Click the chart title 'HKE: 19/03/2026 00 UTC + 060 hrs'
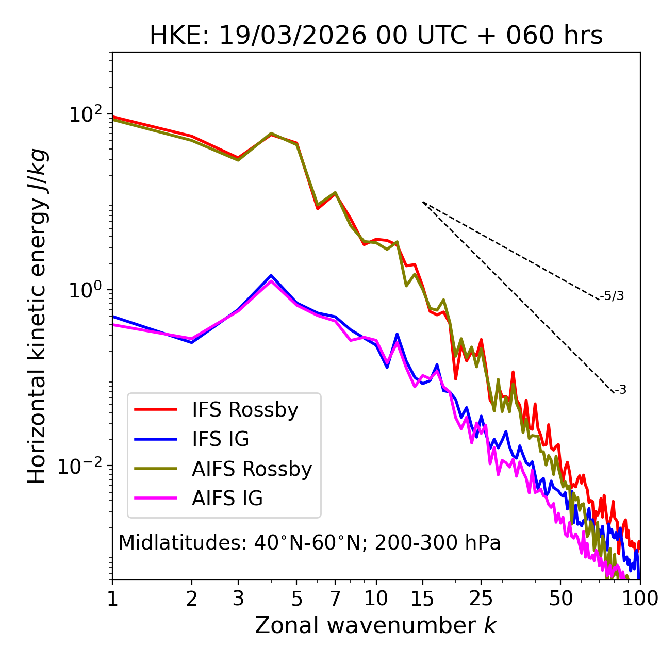coord(376,36)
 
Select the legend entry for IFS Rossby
coord(245,410)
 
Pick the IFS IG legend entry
coord(220,439)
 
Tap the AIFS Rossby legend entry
coord(252,469)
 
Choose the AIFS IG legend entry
coord(227,498)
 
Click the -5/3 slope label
coord(612,296)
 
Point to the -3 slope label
coord(620,390)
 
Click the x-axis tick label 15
coord(422,599)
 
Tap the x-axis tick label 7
coord(335,599)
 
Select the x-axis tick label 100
coord(640,599)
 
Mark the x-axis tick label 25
coord(481,599)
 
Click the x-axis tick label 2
coord(192,599)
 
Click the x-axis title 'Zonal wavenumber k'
coord(376,625)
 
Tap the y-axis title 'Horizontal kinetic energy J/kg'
coord(37,316)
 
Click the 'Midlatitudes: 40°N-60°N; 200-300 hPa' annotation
coord(309,543)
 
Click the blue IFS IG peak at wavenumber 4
coord(271,275)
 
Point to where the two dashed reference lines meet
coord(423,202)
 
